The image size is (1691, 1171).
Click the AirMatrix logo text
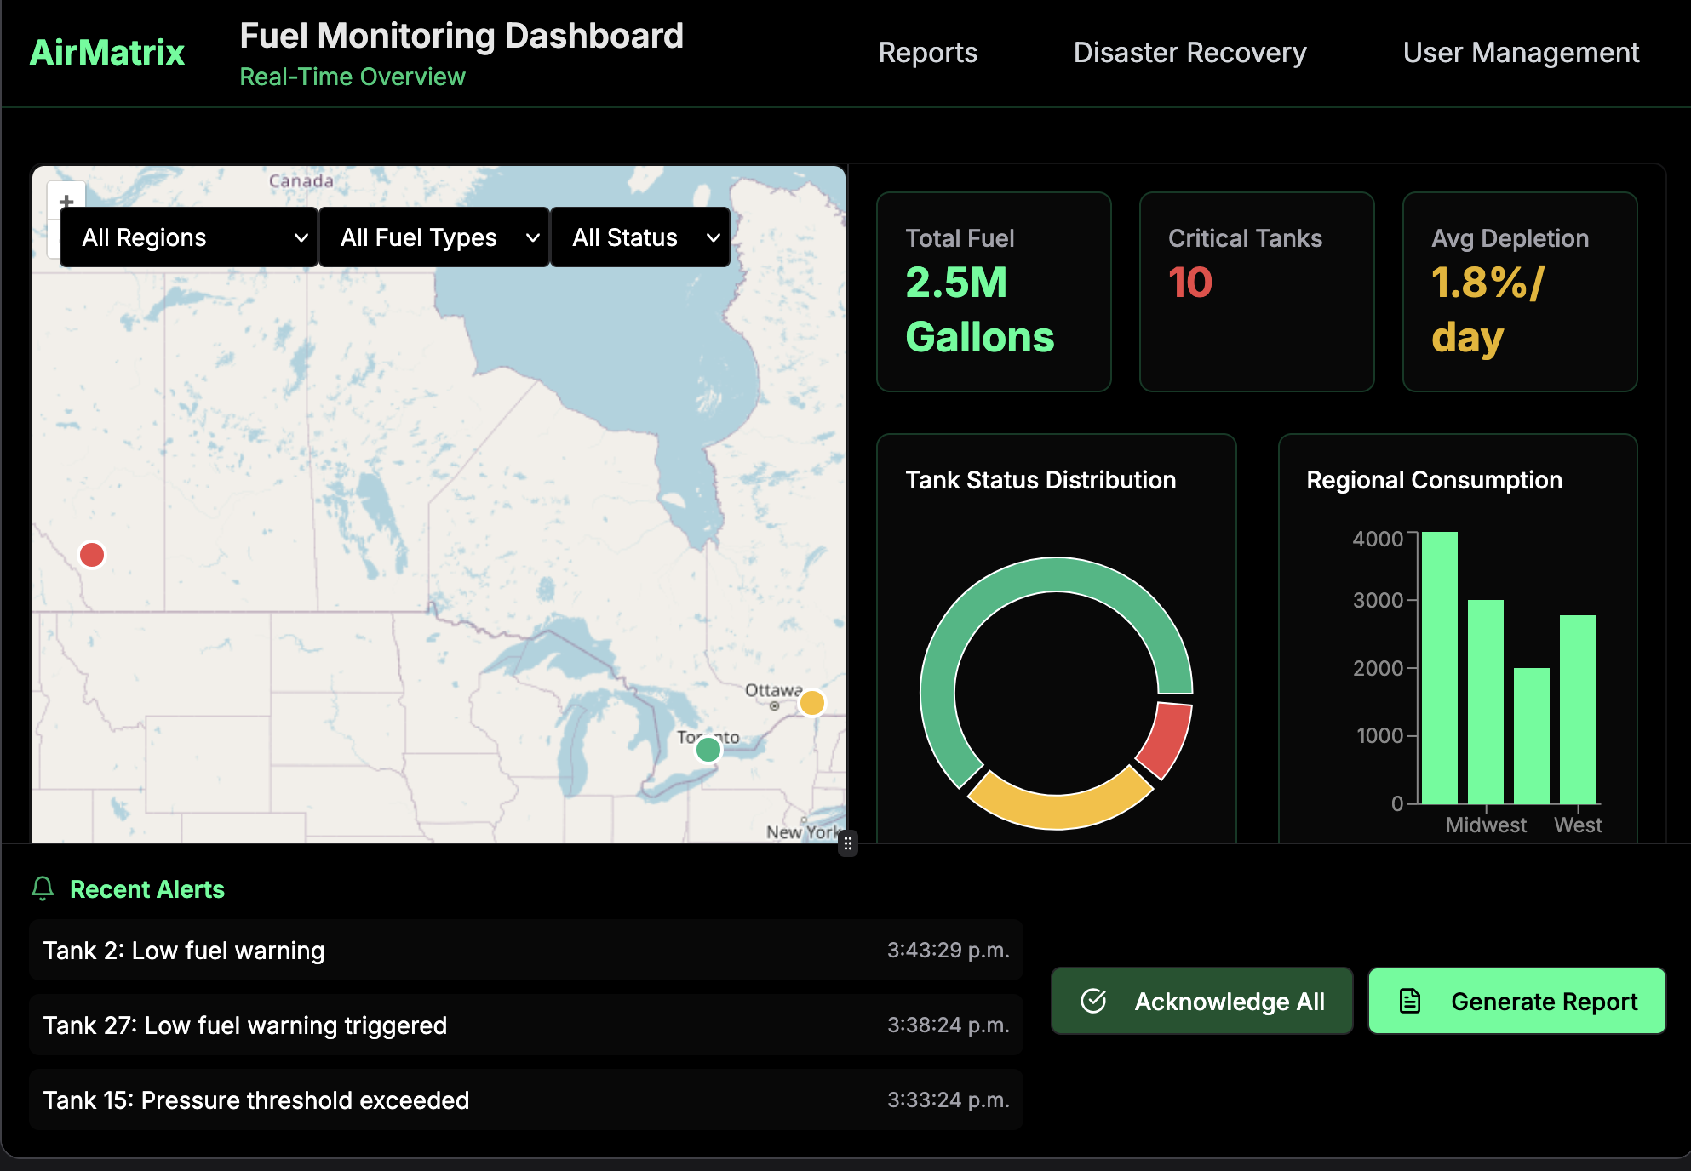[x=107, y=53]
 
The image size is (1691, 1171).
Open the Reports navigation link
[x=927, y=53]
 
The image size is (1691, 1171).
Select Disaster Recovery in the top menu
[x=1189, y=53]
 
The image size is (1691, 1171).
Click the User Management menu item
[x=1521, y=53]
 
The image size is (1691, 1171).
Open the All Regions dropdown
[x=189, y=237]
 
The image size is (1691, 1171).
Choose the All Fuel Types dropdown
[x=434, y=237]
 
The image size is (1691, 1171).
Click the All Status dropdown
[x=640, y=237]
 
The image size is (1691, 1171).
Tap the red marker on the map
[x=92, y=555]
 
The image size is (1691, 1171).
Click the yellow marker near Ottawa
[x=811, y=703]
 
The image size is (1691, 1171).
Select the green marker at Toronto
[x=708, y=750]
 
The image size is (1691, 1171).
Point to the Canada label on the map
[x=301, y=181]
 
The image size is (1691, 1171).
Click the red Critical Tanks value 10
[x=1189, y=283]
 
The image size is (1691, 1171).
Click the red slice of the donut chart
[x=1167, y=739]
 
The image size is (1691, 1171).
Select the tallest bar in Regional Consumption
[x=1439, y=668]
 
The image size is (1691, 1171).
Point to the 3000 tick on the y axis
[x=1378, y=600]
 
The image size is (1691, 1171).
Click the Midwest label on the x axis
[x=1486, y=825]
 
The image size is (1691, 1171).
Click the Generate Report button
[x=1516, y=1001]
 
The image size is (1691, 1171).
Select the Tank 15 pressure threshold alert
[x=525, y=1100]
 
